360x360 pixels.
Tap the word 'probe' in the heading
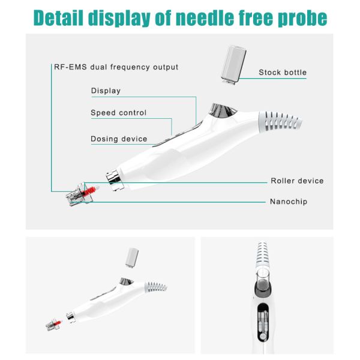302,19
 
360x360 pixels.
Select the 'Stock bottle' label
283,73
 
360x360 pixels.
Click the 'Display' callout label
106,91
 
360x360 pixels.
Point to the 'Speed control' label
118,113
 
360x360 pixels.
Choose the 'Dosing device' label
119,139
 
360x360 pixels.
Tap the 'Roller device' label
297,181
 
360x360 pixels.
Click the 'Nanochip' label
289,202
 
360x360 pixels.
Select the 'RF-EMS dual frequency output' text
116,67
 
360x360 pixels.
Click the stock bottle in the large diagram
233,65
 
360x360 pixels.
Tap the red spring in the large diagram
89,191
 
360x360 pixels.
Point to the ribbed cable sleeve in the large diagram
280,121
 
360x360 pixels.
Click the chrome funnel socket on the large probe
223,110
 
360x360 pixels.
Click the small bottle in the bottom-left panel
132,258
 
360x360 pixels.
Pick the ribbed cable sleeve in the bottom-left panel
155,287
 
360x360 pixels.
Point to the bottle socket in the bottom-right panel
263,282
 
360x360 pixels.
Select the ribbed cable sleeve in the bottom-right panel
262,255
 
